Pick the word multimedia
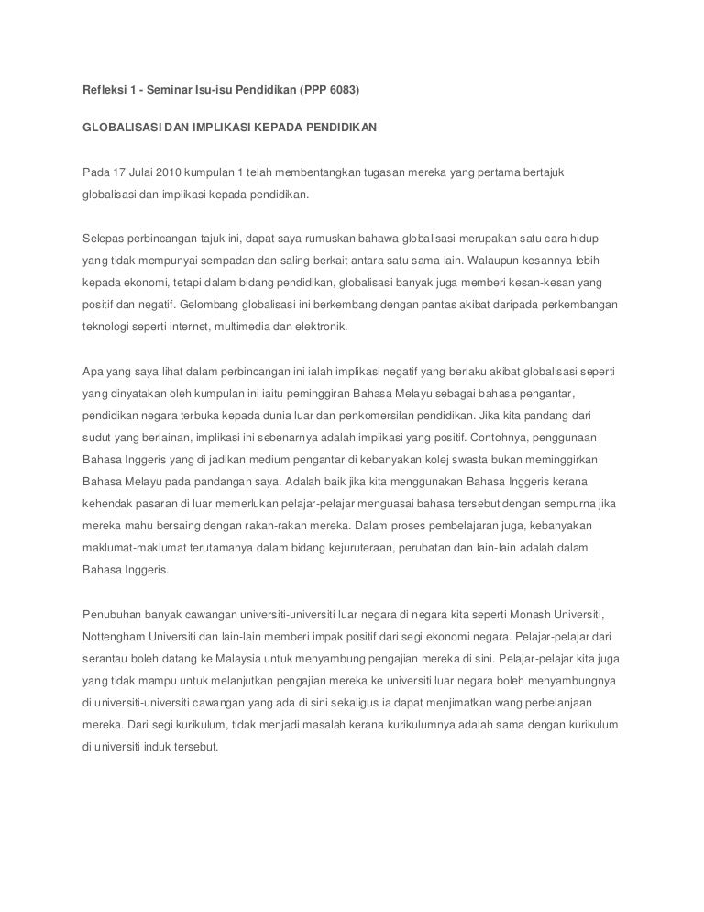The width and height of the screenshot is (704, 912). coord(265,326)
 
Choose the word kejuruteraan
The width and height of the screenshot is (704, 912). coord(331,548)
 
